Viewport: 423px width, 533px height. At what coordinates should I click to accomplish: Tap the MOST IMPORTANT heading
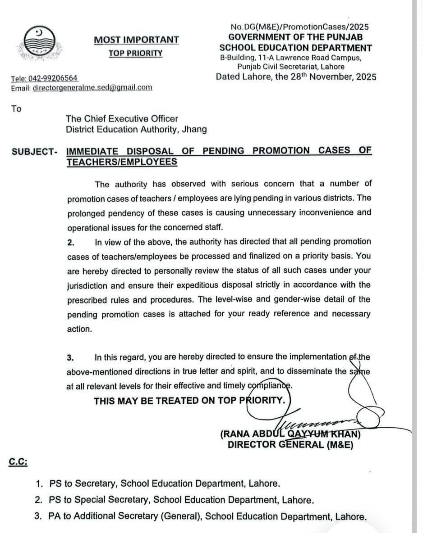click(x=136, y=40)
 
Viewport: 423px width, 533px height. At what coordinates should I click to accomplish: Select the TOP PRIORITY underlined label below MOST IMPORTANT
click(x=135, y=53)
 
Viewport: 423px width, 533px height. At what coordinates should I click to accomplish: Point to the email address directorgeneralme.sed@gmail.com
click(x=92, y=88)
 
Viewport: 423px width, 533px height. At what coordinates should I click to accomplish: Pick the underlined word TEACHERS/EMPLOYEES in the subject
click(x=122, y=162)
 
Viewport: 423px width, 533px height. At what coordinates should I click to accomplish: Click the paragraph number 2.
click(x=70, y=243)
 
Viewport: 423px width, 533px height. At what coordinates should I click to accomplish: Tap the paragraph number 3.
click(x=70, y=358)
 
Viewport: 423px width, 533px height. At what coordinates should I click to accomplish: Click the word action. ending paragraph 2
click(x=79, y=329)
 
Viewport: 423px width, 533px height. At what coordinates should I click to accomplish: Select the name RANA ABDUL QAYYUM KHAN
click(x=290, y=435)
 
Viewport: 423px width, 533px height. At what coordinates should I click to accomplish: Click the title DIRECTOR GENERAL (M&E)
click(x=290, y=445)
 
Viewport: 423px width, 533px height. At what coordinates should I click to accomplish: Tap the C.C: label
click(x=18, y=462)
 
